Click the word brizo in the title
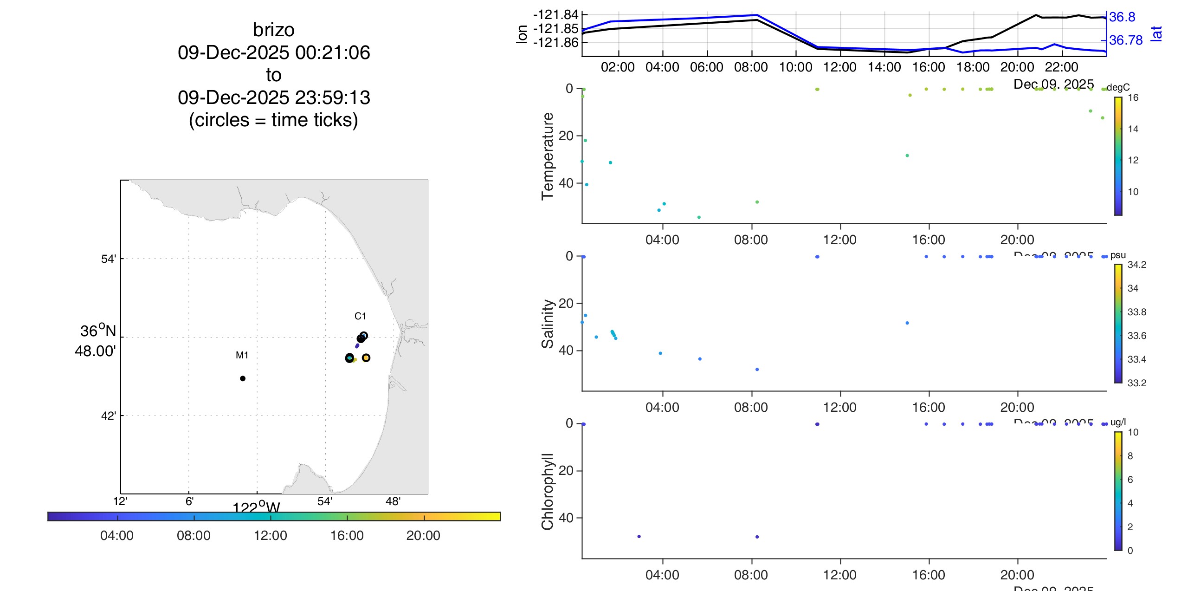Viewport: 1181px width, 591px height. [273, 30]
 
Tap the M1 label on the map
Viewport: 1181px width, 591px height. [242, 355]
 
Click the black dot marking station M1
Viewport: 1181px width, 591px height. [243, 378]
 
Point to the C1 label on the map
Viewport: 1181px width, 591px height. [360, 316]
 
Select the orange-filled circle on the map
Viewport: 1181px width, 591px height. [366, 358]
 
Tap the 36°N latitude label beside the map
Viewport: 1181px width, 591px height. [98, 331]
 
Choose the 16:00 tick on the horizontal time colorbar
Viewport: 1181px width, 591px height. [347, 535]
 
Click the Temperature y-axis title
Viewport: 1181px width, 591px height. [548, 156]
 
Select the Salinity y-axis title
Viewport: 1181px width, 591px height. [548, 324]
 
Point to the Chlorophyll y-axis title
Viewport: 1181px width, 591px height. [548, 491]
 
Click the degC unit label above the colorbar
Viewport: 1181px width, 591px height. [1118, 87]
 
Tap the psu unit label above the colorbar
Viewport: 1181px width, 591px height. [1118, 255]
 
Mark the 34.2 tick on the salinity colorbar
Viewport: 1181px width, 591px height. [1136, 265]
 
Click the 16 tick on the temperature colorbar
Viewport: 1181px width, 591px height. [1133, 97]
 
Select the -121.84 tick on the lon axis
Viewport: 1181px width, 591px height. [555, 15]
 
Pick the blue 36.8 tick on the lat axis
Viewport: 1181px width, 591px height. [1122, 17]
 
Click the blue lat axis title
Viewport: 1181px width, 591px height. [1156, 33]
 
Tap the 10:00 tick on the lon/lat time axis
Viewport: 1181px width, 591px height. [795, 67]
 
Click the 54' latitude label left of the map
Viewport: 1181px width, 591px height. [109, 259]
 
